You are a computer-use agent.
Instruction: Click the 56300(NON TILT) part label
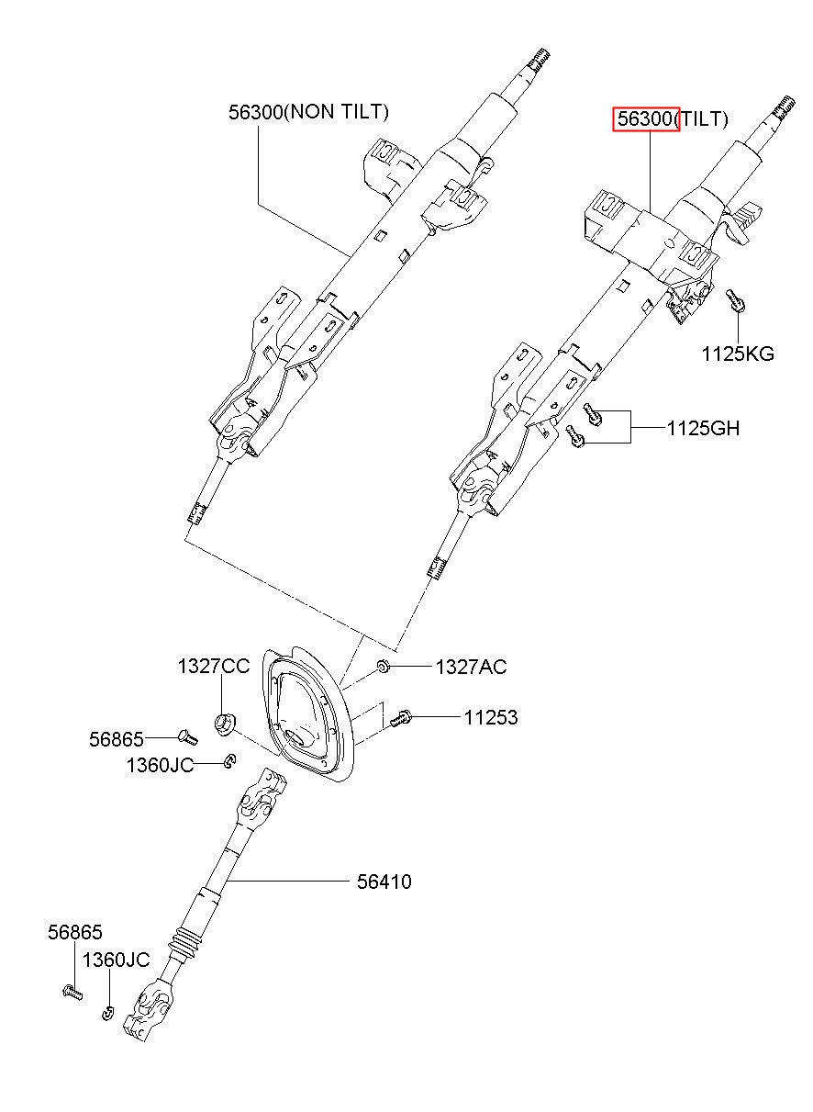tap(308, 112)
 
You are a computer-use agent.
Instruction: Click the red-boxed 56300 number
tap(646, 119)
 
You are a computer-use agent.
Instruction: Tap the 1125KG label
tap(738, 354)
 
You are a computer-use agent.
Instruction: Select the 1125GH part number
tap(703, 428)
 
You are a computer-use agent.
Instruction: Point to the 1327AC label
tap(472, 668)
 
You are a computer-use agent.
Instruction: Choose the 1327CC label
tap(214, 667)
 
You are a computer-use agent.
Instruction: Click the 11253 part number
tap(491, 717)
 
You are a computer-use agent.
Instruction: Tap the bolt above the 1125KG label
tap(736, 301)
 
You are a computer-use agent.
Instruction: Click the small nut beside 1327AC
tap(383, 667)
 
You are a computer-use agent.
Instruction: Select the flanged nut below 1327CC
tap(225, 723)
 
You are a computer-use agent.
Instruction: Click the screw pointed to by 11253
tap(400, 718)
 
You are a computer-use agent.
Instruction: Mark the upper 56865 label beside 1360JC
tap(116, 739)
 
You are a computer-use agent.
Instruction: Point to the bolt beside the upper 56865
tap(187, 737)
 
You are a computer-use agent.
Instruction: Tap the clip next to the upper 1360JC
tap(230, 761)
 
